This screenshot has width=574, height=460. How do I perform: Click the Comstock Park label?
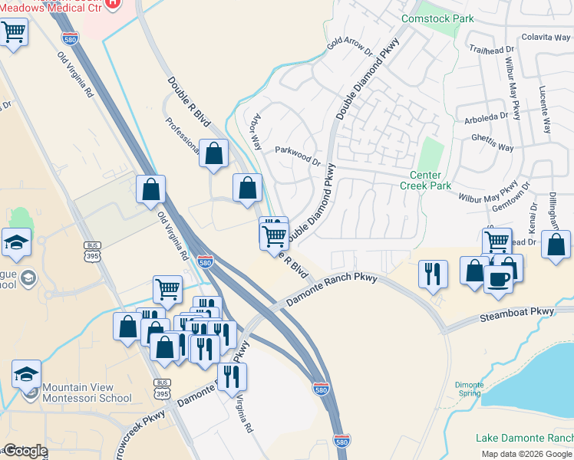[x=430, y=18]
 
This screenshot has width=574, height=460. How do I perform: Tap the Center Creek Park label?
[x=426, y=180]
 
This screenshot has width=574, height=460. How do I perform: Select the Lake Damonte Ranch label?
[x=524, y=438]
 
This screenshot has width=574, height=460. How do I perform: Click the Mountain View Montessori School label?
[x=87, y=393]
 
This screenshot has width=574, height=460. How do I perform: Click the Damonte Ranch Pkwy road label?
[x=332, y=290]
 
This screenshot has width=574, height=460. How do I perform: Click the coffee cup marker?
[x=499, y=278]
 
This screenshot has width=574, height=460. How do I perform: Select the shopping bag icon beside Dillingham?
[x=557, y=245]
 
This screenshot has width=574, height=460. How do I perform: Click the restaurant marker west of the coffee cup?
[x=433, y=273]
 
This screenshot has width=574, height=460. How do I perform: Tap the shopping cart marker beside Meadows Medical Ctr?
[x=13, y=33]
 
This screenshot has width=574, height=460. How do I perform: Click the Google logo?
[x=25, y=451]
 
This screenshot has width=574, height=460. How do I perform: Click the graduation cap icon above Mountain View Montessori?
[x=26, y=374]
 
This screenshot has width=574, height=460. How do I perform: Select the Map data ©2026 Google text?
[x=526, y=454]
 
